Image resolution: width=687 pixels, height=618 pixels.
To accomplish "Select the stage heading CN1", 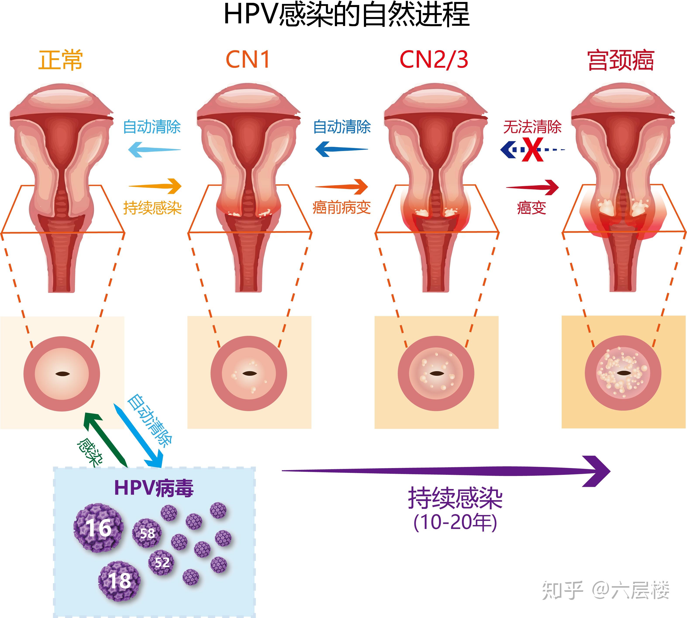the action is coord(248,60).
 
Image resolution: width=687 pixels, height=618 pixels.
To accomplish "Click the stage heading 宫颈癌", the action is coord(621,60).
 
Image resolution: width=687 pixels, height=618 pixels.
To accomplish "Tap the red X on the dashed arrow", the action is coord(532,149).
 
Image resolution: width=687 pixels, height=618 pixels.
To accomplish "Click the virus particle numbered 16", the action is coord(98,528).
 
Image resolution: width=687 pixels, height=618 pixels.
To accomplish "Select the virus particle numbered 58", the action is coord(147,533).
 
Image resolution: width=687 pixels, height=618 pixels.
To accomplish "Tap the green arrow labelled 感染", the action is coord(105,440).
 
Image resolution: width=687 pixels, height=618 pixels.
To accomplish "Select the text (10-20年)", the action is coord(455,523).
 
